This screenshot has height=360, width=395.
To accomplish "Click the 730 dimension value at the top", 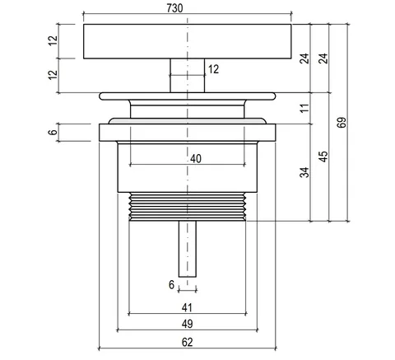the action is tap(174, 8).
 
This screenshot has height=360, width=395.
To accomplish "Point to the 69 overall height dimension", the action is tap(342, 123).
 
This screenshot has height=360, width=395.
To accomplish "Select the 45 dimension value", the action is tap(323, 157).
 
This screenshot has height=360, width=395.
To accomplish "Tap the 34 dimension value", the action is tap(304, 172).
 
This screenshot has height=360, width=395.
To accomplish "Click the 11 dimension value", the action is tap(304, 108).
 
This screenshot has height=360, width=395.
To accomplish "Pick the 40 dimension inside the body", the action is tap(196, 158).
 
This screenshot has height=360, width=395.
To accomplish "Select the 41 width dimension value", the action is tap(187, 308).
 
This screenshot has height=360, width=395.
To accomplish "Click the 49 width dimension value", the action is tap(187, 324).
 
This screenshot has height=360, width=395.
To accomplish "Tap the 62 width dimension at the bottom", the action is tap(187, 342).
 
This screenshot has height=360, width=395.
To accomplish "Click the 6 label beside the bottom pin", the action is tap(171, 285).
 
